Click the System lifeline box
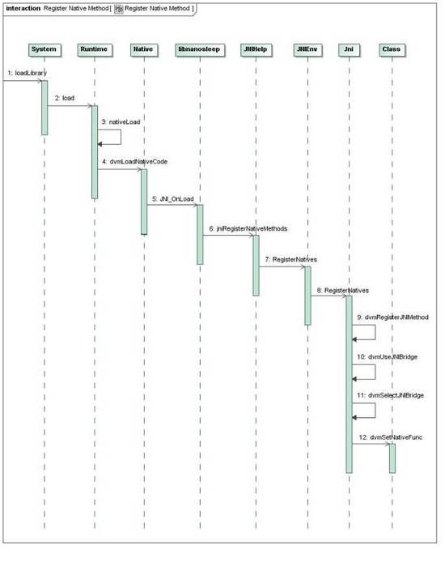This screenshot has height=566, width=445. pos(44,49)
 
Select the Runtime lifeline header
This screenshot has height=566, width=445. pos(95,49)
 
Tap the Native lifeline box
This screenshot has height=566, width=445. pos(144,49)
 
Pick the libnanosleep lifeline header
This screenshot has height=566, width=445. pos(200,49)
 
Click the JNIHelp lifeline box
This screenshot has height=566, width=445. pos(256,49)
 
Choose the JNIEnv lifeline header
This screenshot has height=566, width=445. pos(307,49)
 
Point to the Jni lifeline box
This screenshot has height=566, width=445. pos(349,49)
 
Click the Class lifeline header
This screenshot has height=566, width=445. pos(392,49)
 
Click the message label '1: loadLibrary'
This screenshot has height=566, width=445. pos(28,73)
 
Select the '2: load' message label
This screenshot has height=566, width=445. pos(65,98)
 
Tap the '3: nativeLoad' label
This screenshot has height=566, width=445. pos(121,122)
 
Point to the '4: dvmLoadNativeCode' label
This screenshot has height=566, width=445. pos(134,162)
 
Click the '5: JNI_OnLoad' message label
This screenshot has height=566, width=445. pos(172,199)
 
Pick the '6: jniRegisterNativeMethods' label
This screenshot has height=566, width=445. pos(248,229)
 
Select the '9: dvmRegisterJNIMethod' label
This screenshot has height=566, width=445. pos(392,317)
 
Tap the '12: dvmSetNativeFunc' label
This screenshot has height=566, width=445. pos(391,437)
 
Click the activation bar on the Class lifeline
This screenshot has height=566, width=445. pos(392,458)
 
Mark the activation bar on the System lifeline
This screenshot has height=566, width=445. pos(44,108)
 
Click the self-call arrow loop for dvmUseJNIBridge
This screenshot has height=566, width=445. pos(375,372)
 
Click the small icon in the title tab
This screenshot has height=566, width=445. pos(119,9)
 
